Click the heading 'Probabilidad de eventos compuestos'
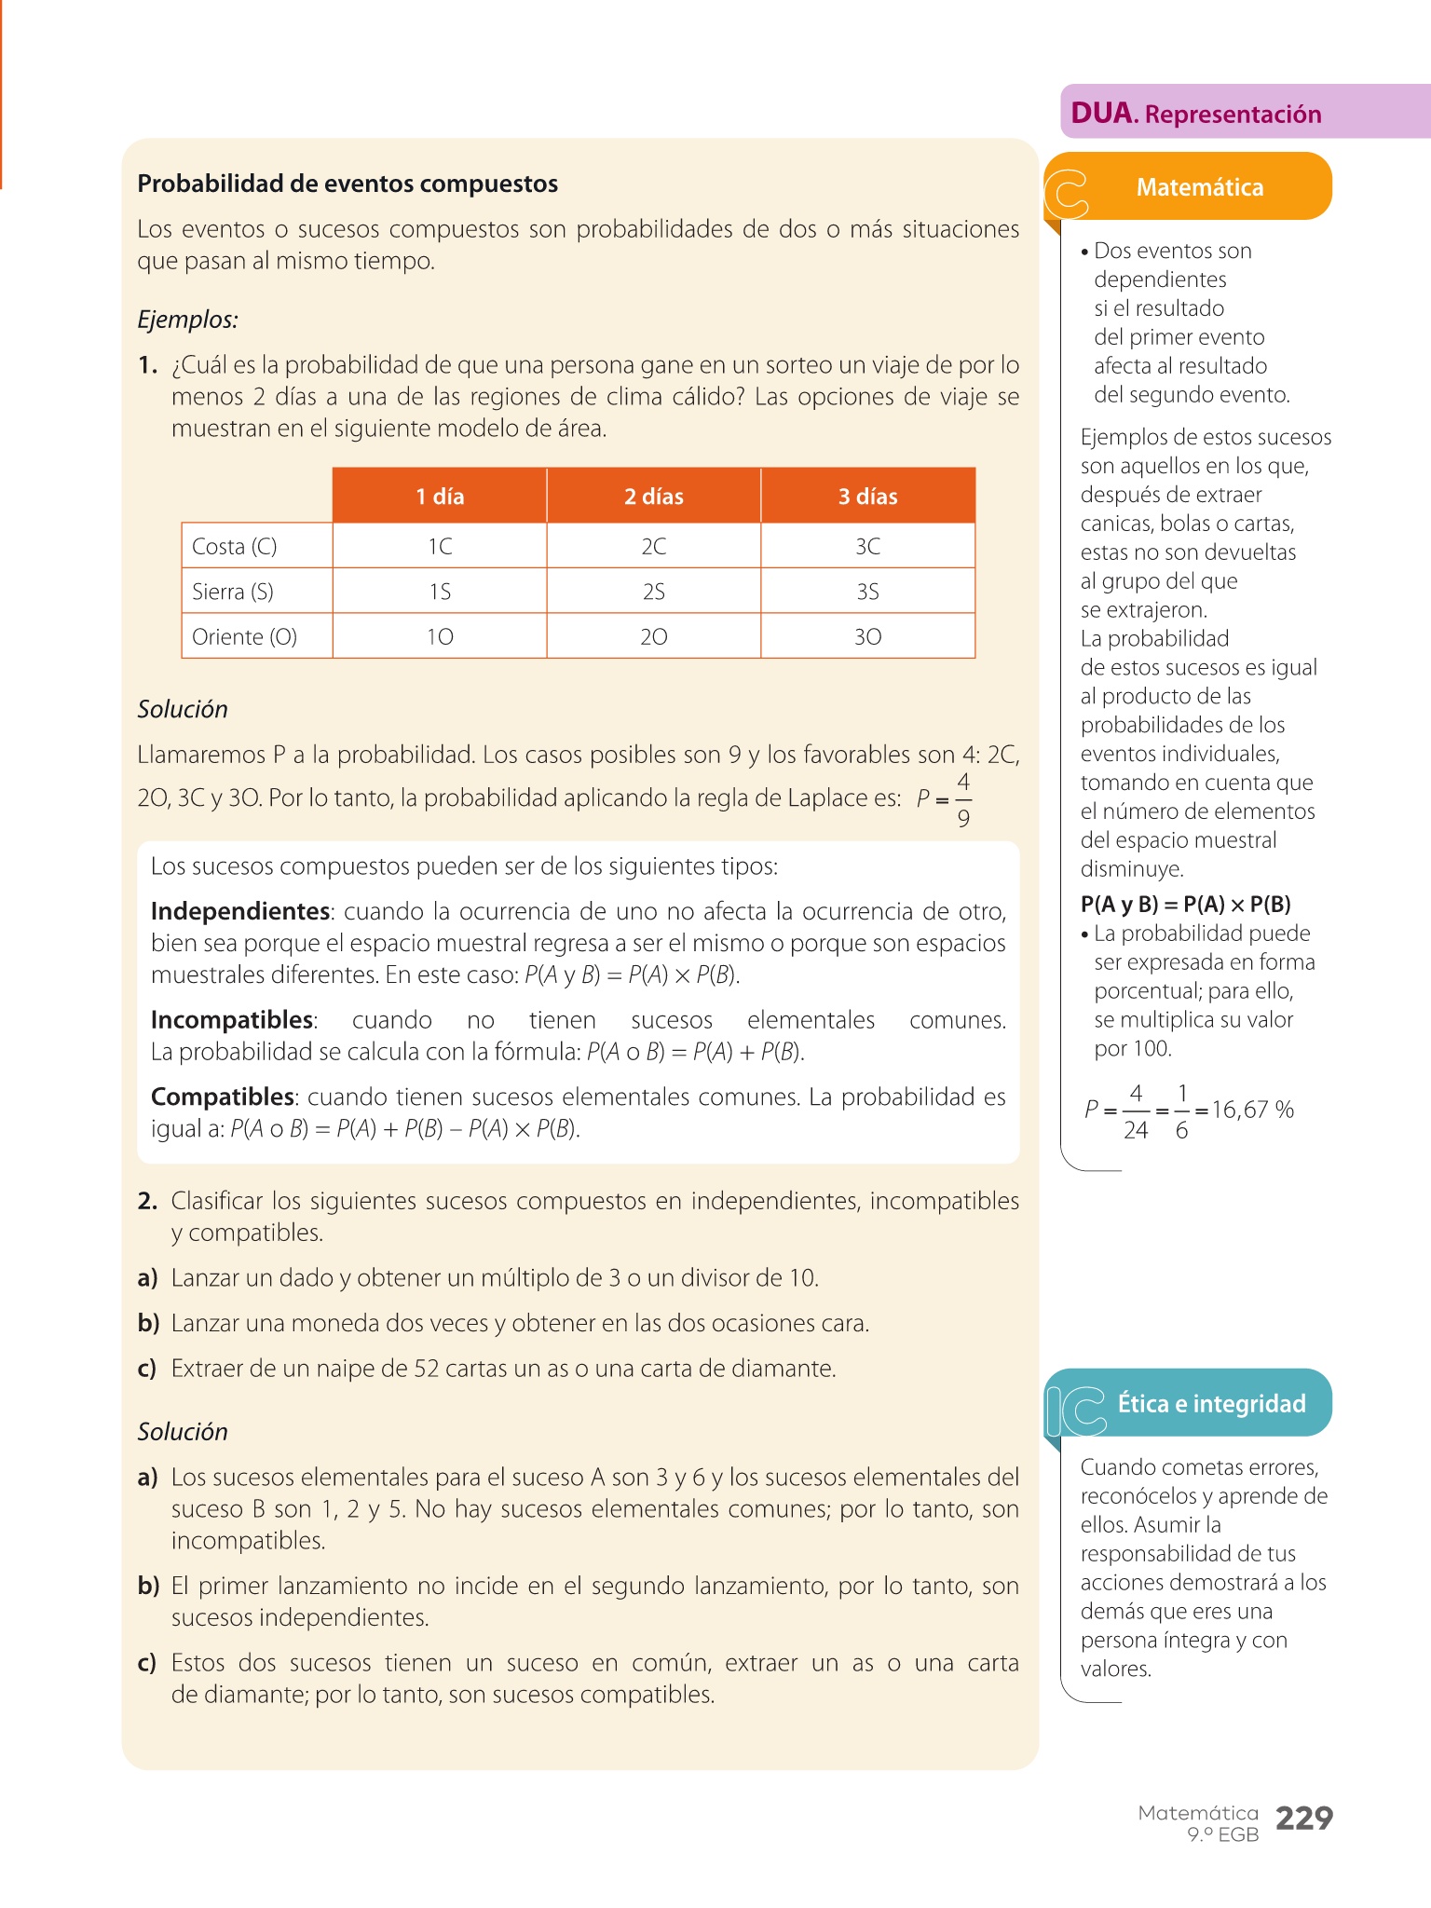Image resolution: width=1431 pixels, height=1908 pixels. [348, 184]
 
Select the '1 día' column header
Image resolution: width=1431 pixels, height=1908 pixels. [440, 497]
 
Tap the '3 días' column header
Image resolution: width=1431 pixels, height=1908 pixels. [867, 497]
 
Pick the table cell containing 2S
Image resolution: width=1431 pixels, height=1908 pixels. [653, 592]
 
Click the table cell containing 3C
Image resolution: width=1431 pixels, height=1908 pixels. [867, 546]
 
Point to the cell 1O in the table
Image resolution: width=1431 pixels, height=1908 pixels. [440, 637]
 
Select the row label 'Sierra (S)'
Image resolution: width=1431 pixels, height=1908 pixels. [233, 592]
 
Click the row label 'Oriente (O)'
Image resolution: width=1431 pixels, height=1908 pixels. [244, 637]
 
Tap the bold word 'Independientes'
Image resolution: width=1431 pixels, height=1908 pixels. [240, 911]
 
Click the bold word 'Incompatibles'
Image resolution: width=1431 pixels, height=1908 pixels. [232, 1020]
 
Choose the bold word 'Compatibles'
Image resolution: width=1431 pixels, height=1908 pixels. [223, 1097]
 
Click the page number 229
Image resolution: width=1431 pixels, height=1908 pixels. [1303, 1819]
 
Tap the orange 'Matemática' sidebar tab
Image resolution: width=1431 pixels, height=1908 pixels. [1199, 187]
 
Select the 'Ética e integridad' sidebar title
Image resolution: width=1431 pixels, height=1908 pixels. [1211, 1404]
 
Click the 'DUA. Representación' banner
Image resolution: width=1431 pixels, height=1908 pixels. [1196, 114]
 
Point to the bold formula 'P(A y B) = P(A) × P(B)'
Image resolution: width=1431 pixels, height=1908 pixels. [1185, 905]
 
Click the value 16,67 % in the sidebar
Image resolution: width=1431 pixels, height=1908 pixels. [1252, 1110]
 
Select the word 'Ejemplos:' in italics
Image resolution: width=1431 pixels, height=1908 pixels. [187, 320]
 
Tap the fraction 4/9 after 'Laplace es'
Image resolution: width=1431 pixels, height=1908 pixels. [963, 799]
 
